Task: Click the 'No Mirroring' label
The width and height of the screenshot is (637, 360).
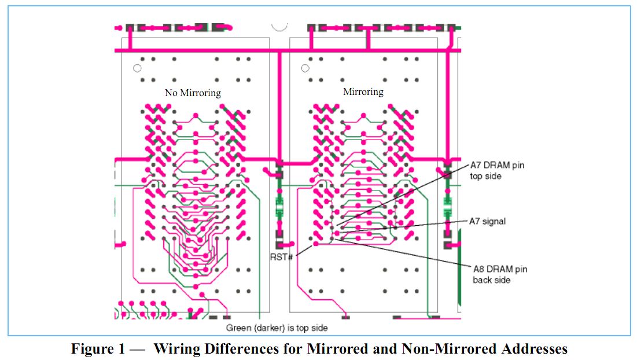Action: point(193,93)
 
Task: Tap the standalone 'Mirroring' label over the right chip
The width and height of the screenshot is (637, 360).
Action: point(363,91)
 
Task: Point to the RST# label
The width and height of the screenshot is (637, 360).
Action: point(281,256)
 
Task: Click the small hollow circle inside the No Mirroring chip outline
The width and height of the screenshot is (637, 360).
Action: point(137,68)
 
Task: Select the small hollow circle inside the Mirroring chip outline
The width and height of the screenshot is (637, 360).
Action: point(305,68)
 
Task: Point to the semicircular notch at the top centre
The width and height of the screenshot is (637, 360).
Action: point(279,26)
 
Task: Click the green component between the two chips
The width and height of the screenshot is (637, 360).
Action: point(279,205)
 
